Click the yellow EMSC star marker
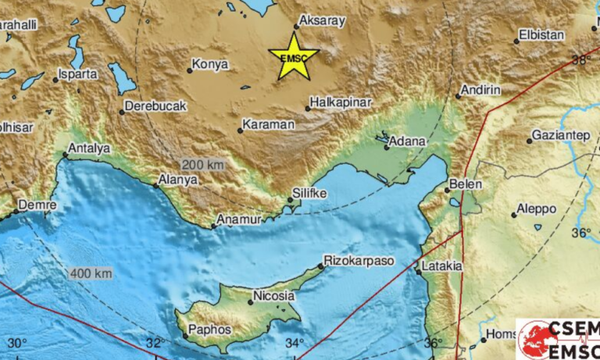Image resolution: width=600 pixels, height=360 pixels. pos(294,56)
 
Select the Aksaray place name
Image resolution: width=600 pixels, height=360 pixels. pos(321,22)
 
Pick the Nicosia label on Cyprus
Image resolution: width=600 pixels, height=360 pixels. pos(273,296)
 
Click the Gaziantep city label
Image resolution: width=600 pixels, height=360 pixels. pos(561,135)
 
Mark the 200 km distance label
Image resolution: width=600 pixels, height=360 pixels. pos(202,165)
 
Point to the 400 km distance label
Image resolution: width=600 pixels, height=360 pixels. pos(91,273)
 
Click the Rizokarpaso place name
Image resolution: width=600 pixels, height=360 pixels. pos(359,260)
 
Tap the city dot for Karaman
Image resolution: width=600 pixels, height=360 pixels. pos(240,130)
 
